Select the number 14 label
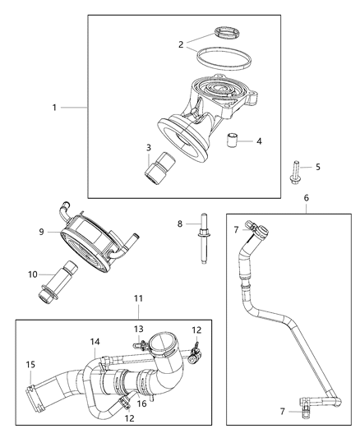tap(95, 341)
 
